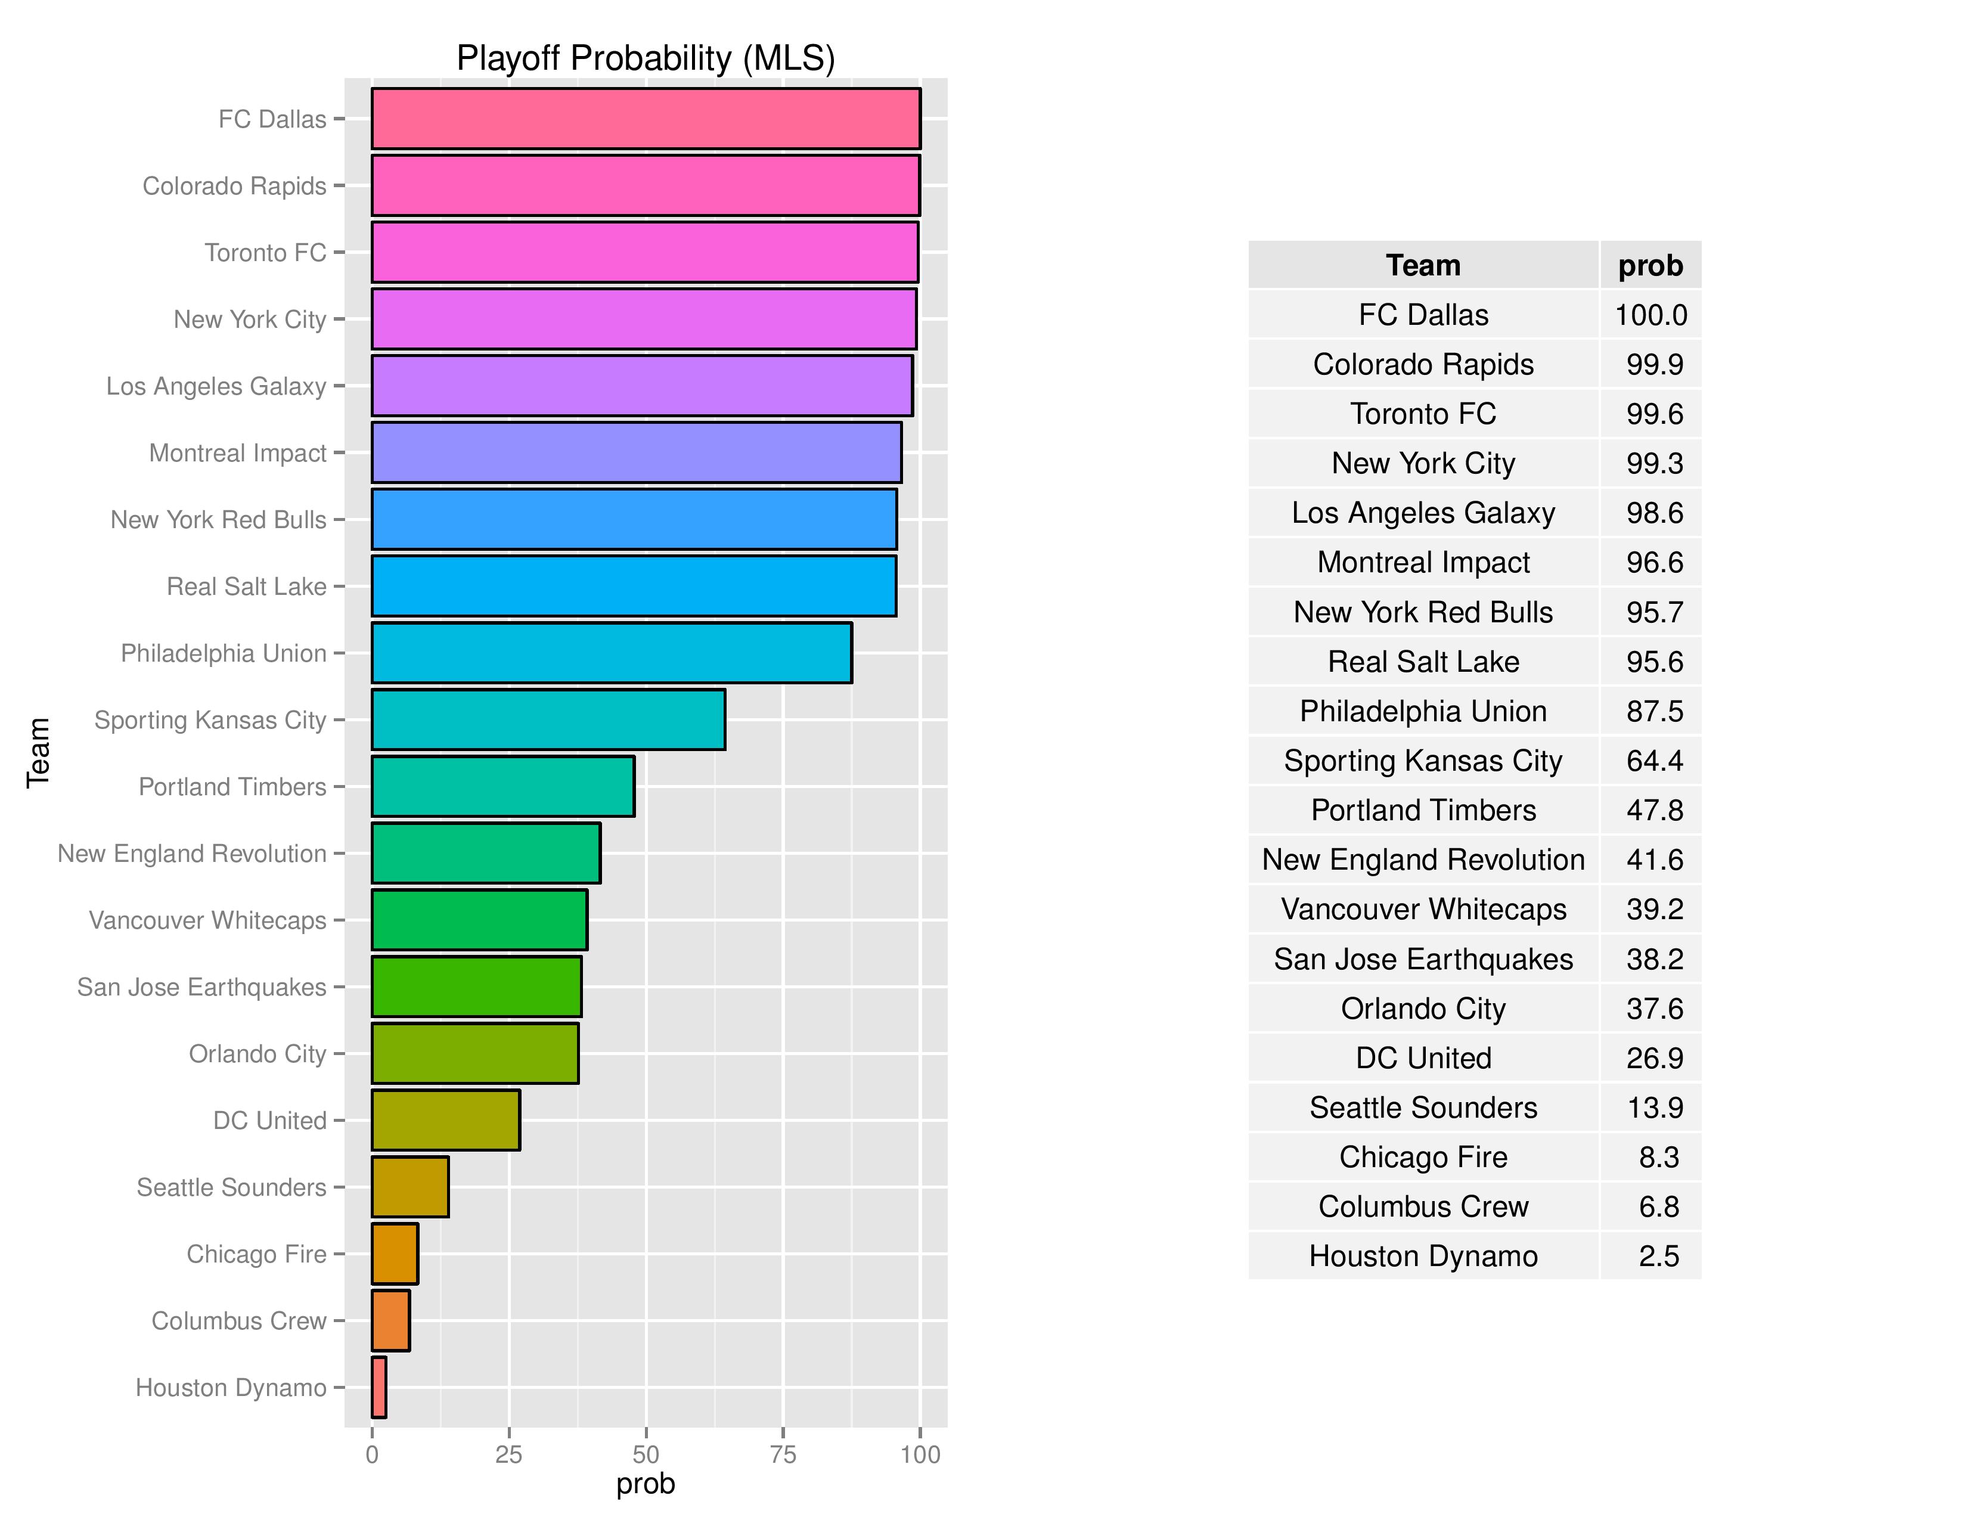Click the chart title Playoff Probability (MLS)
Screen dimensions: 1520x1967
tap(646, 58)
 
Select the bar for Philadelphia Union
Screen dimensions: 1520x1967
tap(612, 653)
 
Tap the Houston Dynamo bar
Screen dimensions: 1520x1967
tap(379, 1388)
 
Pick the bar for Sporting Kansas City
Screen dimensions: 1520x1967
tap(548, 719)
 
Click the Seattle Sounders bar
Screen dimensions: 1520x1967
tap(410, 1187)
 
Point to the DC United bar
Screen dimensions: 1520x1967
tap(446, 1120)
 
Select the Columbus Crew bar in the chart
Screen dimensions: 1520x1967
tap(391, 1321)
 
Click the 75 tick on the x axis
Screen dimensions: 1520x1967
tap(783, 1455)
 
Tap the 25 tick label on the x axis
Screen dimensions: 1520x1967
tap(509, 1455)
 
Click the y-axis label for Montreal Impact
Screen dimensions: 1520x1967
tap(238, 453)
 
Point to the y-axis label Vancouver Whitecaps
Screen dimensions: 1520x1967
tap(207, 920)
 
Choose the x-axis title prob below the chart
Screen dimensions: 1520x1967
tap(646, 1484)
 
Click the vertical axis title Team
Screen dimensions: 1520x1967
tap(38, 753)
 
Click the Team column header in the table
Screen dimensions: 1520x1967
tap(1423, 266)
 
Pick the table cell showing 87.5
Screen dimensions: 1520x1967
tap(1655, 711)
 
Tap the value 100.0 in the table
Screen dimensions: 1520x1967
tap(1651, 315)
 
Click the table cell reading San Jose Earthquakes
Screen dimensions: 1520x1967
tap(1423, 959)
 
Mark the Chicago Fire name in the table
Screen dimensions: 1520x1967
tap(1423, 1157)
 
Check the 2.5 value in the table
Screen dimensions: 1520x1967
tap(1659, 1256)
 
